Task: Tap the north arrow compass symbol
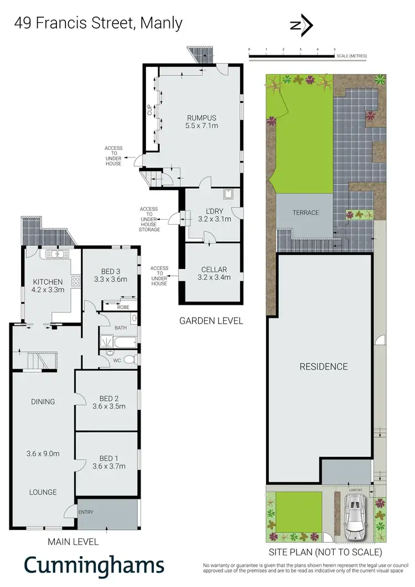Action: point(302,25)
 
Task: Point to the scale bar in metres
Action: point(292,53)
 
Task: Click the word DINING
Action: point(43,402)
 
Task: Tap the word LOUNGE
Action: point(43,492)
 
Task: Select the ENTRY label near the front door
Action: point(86,512)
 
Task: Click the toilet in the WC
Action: point(128,360)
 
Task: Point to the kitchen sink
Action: point(55,254)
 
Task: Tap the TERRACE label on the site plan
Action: point(305,213)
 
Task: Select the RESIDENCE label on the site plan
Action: point(324,366)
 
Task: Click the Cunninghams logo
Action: point(94,566)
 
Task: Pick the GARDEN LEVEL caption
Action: point(211,320)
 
